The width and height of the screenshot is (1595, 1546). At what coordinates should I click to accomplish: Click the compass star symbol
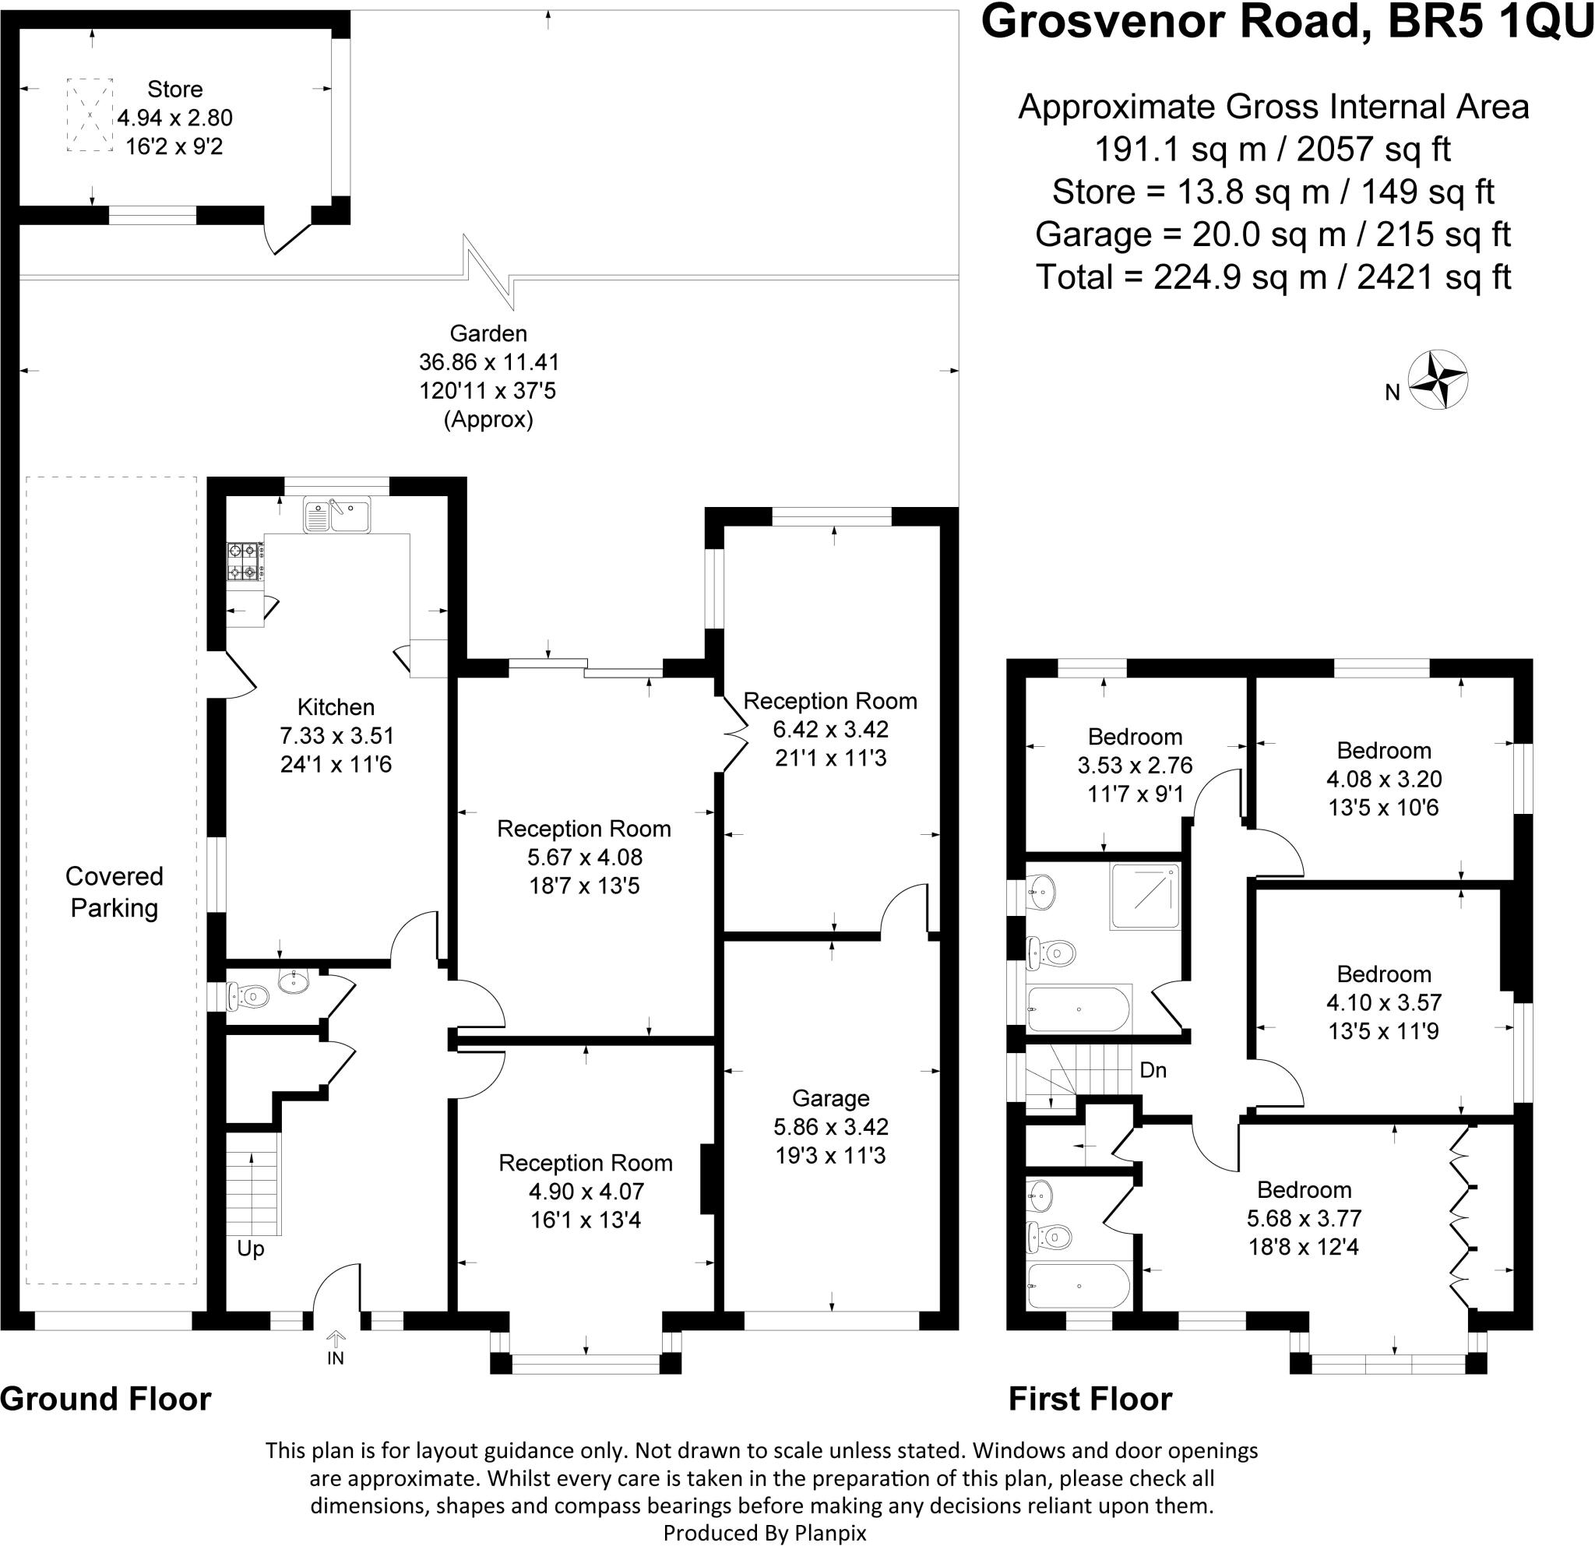pyautogui.click(x=1438, y=379)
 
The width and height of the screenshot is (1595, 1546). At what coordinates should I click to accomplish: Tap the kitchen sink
pyautogui.click(x=337, y=514)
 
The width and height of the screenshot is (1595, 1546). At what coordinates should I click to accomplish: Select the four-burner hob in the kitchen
pyautogui.click(x=244, y=562)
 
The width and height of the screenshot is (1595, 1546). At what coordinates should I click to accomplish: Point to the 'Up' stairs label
pyautogui.click(x=251, y=1248)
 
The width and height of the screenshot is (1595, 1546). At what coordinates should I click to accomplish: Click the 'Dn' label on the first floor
pyautogui.click(x=1153, y=1070)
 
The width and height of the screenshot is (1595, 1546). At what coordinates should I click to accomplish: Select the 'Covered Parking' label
pyautogui.click(x=114, y=892)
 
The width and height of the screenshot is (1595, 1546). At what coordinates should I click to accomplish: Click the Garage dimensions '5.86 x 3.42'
pyautogui.click(x=830, y=1126)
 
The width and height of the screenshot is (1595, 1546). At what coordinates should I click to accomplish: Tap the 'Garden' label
pyautogui.click(x=488, y=333)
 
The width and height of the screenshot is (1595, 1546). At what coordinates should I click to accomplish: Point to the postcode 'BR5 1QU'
pyautogui.click(x=1488, y=22)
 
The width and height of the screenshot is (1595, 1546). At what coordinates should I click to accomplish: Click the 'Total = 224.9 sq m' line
pyautogui.click(x=1273, y=277)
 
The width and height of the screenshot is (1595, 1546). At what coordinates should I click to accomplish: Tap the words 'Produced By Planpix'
pyautogui.click(x=764, y=1533)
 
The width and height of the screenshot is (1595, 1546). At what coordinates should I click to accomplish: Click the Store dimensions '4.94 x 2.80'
pyautogui.click(x=175, y=118)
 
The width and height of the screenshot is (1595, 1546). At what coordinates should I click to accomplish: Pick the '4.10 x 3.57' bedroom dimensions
pyautogui.click(x=1383, y=1002)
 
